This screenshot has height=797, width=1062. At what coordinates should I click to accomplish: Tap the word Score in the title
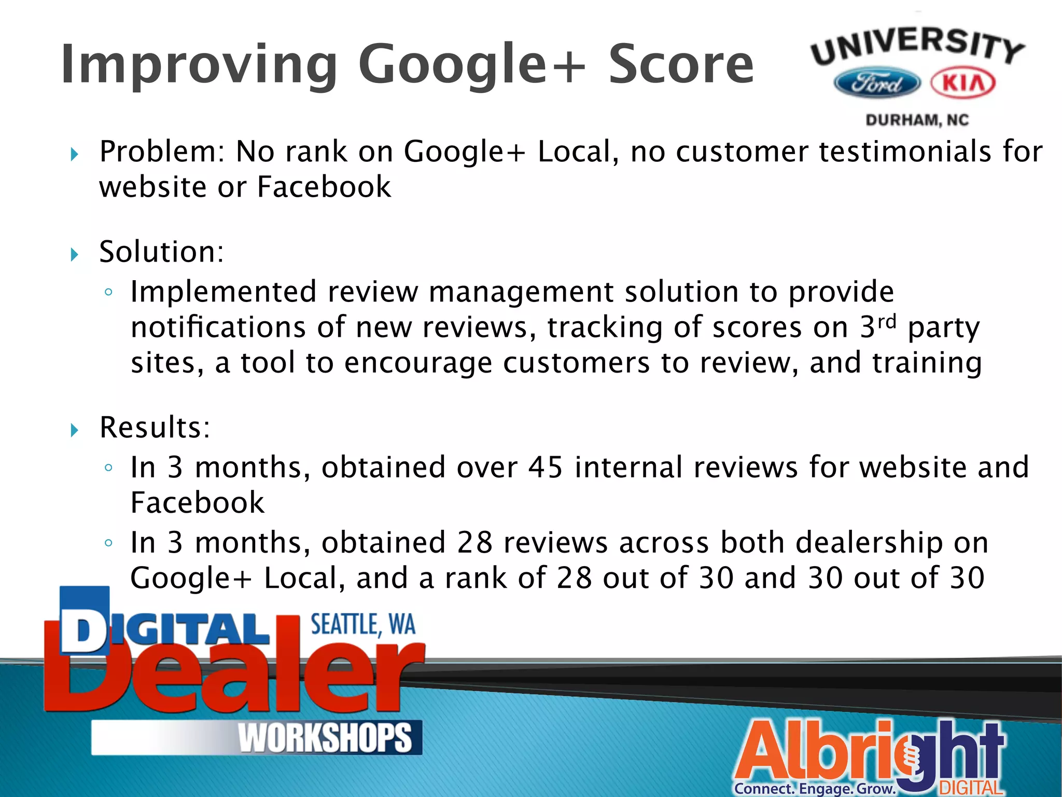coord(680,65)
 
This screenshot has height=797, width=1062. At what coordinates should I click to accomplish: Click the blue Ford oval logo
coord(877,83)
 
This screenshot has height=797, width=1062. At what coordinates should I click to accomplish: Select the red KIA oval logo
coord(963,83)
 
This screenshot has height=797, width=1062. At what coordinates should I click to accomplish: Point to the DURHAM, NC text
coord(917,120)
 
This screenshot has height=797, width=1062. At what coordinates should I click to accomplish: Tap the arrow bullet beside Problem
coord(75,154)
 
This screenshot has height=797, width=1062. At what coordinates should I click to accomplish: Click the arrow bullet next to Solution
coord(75,254)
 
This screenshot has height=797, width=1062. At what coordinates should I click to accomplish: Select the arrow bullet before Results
coord(75,430)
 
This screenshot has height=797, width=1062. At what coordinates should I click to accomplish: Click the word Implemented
coord(223,292)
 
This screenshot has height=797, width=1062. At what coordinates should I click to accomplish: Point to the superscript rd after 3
coord(886,322)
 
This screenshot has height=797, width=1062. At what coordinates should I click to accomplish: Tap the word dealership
coord(869,543)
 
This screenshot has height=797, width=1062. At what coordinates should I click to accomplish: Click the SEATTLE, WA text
coord(363,625)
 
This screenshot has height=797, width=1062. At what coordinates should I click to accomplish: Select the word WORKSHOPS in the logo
coord(325,738)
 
